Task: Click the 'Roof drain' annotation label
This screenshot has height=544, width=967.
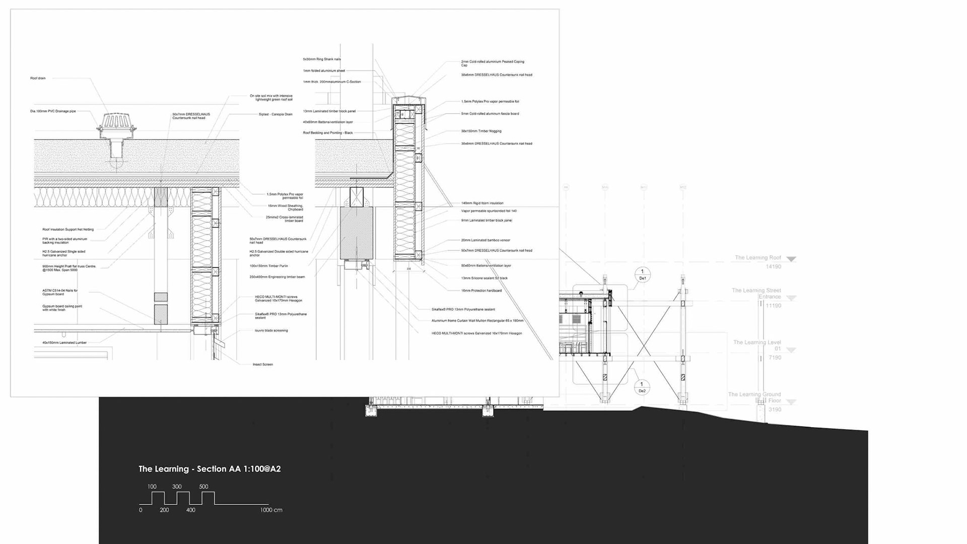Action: click(x=38, y=78)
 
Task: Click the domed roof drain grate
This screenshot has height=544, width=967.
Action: click(x=116, y=123)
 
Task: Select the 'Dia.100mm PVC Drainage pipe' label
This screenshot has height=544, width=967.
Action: click(x=53, y=111)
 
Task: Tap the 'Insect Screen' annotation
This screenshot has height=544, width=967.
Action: click(x=262, y=364)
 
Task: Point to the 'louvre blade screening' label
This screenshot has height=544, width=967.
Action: click(x=271, y=330)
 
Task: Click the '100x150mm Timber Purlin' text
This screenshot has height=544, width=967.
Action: click(x=268, y=266)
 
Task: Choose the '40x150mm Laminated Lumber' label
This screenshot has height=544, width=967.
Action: click(x=64, y=343)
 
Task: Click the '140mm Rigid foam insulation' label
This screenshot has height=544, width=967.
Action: click(x=482, y=203)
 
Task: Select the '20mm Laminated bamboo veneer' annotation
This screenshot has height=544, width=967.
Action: click(x=486, y=240)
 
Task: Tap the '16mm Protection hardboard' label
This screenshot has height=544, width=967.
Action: click(x=481, y=291)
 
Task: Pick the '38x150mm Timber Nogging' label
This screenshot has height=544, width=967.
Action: click(x=481, y=131)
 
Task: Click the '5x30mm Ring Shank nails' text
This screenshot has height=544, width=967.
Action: click(x=322, y=59)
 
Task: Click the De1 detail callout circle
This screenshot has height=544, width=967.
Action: click(x=642, y=275)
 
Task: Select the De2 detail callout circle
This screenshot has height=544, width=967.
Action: click(x=642, y=387)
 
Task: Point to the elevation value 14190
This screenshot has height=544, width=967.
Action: click(x=773, y=266)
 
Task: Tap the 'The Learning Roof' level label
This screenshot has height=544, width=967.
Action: click(x=757, y=258)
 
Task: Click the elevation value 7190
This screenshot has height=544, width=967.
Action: click(x=774, y=358)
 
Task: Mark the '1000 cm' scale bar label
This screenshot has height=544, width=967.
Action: click(x=271, y=510)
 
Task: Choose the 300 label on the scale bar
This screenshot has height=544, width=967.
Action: click(x=177, y=487)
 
